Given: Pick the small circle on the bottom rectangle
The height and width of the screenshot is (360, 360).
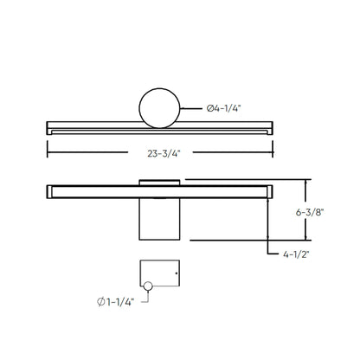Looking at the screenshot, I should click(x=148, y=286).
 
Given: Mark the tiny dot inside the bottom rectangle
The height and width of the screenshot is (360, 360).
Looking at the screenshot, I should click(x=176, y=274).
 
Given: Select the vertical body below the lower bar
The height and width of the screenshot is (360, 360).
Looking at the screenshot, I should click(x=160, y=220).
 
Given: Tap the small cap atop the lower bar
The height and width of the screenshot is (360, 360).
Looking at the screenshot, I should click(x=160, y=180).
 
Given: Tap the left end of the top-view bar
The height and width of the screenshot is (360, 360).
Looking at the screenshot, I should click(x=48, y=127).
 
